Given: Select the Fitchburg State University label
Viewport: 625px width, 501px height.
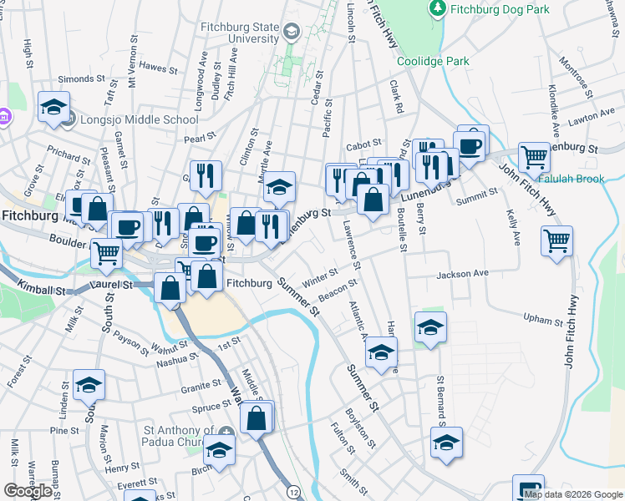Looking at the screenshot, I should click(240, 33).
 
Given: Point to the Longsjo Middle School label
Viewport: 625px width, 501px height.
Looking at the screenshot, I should click(139, 119).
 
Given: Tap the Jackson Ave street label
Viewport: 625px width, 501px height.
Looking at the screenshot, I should click(462, 274).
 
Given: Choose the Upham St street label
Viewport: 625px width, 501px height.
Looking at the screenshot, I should click(544, 320).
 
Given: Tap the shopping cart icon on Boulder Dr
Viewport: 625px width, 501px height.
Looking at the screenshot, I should click(106, 251).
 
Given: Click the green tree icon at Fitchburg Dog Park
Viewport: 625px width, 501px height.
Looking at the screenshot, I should click(436, 9).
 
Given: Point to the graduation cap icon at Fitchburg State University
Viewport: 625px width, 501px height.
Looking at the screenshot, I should click(291, 33).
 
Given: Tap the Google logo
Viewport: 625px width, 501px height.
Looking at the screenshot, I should click(28, 491).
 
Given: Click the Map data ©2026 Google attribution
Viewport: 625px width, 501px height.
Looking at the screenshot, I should click(574, 494).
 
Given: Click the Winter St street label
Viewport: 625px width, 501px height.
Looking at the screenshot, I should click(320, 276).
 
